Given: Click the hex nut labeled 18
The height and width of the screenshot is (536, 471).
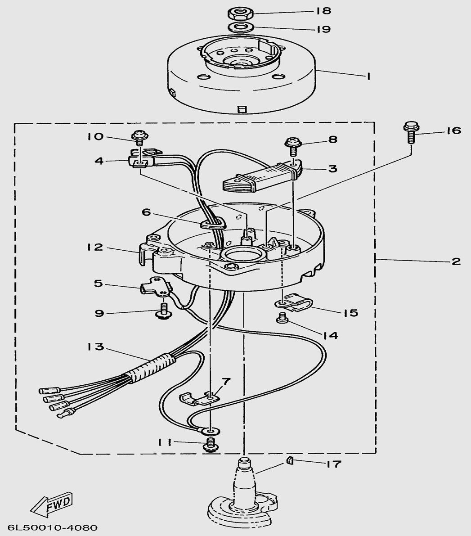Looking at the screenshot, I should (237, 13).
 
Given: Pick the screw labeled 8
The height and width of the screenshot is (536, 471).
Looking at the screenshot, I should (292, 145).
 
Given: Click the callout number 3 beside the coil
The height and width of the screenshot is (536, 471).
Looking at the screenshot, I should (332, 169).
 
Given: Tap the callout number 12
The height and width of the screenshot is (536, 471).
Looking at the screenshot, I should (95, 247).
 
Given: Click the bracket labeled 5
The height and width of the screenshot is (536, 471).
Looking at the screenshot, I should (155, 288).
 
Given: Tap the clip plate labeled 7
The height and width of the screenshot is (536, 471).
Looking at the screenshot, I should (198, 398).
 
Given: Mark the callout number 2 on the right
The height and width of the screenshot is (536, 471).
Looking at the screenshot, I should (456, 261).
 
